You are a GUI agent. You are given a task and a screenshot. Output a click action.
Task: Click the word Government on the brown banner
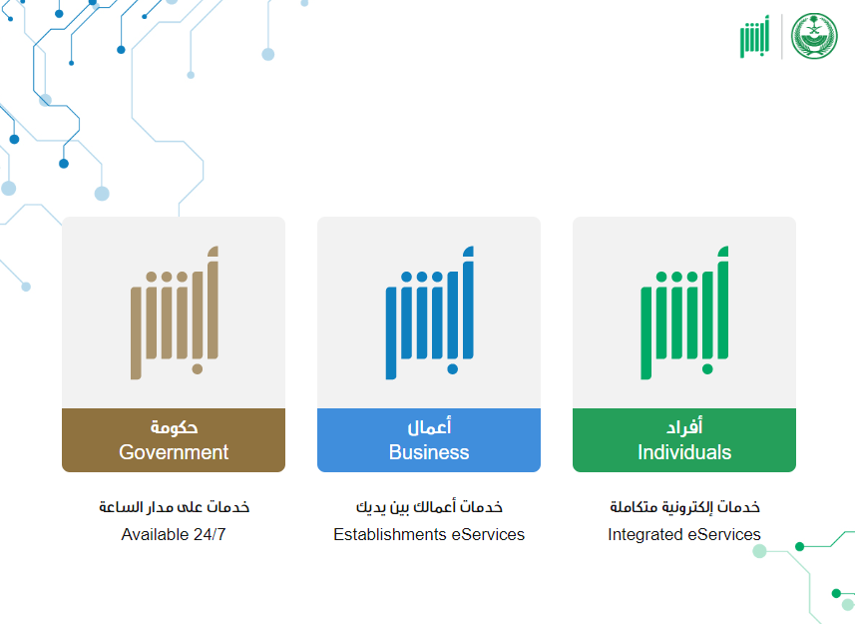pyautogui.click(x=174, y=452)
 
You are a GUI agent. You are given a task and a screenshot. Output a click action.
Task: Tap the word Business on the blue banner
pyautogui.click(x=429, y=452)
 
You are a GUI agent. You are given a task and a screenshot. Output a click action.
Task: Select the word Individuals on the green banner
pyautogui.click(x=684, y=452)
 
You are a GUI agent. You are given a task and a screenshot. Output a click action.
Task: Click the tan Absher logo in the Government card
pyautogui.click(x=175, y=312)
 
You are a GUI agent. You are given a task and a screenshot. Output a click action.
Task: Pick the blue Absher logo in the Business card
pyautogui.click(x=430, y=312)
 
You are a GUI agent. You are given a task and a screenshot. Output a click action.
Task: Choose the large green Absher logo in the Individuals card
pyautogui.click(x=684, y=312)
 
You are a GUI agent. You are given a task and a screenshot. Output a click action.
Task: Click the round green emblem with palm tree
pyautogui.click(x=814, y=37)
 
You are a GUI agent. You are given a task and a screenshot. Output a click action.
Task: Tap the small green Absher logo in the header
pyautogui.click(x=754, y=37)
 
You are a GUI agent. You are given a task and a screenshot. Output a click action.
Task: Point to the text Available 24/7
pyautogui.click(x=174, y=534)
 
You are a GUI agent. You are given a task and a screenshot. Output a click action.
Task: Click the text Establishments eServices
pyautogui.click(x=429, y=534)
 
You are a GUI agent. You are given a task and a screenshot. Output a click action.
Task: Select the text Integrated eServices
pyautogui.click(x=684, y=534)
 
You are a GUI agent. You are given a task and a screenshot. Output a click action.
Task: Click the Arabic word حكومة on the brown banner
pyautogui.click(x=174, y=426)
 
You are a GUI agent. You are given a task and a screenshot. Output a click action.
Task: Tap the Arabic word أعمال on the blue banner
pyautogui.click(x=430, y=426)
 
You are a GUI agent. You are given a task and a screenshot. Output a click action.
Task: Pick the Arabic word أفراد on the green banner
pyautogui.click(x=684, y=426)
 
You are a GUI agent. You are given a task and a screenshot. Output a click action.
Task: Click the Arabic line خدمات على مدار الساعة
pyautogui.click(x=174, y=507)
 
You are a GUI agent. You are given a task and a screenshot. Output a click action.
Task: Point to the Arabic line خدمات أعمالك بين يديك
pyautogui.click(x=429, y=507)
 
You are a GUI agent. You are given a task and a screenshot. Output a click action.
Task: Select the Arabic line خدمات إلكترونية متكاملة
pyautogui.click(x=684, y=507)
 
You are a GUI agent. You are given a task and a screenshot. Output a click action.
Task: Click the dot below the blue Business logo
pyautogui.click(x=453, y=369)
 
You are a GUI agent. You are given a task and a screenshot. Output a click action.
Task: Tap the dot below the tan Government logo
pyautogui.click(x=198, y=369)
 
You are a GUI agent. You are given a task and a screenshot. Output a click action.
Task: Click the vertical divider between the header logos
pyautogui.click(x=781, y=37)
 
